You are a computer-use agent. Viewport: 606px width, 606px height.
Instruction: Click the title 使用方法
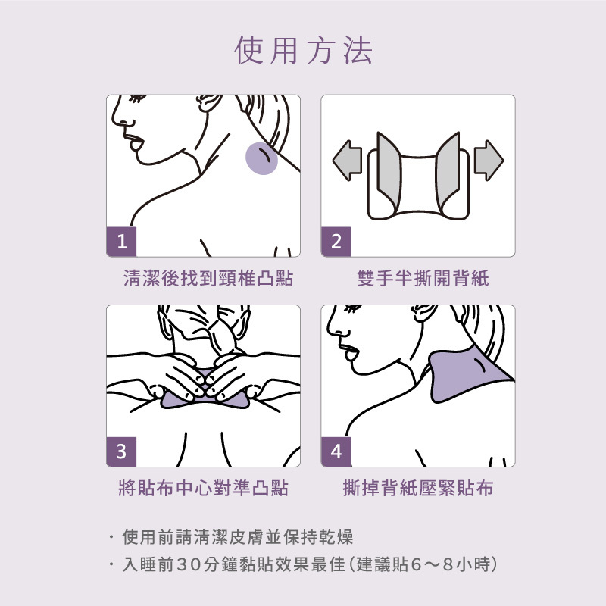304,50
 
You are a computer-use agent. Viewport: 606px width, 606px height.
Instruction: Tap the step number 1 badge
121,242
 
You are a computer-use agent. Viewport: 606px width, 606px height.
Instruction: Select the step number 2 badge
336,242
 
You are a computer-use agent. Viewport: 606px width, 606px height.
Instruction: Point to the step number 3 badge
121,451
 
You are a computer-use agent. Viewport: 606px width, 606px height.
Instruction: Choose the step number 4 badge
336,451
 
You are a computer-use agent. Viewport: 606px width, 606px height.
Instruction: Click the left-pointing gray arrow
347,161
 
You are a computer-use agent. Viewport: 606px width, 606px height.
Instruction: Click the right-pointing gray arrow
489,161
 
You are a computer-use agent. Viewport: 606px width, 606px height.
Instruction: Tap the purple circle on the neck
261,158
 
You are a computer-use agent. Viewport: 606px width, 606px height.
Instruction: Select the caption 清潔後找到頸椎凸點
208,278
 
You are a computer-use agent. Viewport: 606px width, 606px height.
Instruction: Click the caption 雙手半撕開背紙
423,278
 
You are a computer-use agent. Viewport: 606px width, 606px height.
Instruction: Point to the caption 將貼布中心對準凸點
203,488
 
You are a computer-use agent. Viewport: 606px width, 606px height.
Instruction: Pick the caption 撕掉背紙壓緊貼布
418,488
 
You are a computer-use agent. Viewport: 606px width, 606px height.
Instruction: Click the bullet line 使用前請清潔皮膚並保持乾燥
237,537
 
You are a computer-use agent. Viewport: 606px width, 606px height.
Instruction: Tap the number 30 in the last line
189,564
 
